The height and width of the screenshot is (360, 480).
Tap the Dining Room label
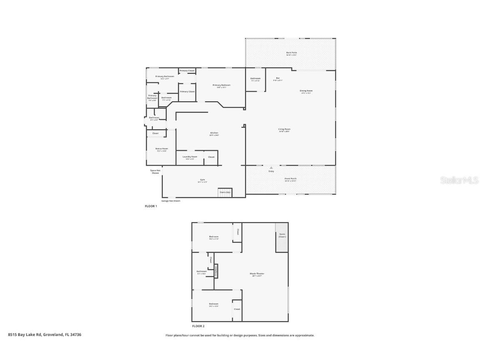(306, 91)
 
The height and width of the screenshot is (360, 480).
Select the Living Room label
(284, 130)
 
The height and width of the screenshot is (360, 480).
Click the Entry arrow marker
(271, 168)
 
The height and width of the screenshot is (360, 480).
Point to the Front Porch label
(290, 179)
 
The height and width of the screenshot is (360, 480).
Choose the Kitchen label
(214, 134)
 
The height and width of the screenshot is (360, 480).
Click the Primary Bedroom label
(221, 86)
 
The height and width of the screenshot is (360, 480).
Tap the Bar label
(278, 79)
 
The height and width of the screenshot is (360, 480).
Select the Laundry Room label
(190, 157)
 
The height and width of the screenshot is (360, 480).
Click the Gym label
(202, 181)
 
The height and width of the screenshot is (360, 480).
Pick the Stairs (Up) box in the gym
(225, 192)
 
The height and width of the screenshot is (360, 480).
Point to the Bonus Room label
(162, 149)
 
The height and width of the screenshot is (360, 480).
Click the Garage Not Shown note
(171, 201)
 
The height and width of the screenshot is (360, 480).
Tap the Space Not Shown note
(155, 171)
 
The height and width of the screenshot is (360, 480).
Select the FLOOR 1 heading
(151, 206)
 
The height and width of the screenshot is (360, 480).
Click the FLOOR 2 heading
(198, 326)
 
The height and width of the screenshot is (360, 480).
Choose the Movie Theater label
(257, 274)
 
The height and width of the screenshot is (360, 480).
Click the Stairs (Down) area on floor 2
(282, 237)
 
